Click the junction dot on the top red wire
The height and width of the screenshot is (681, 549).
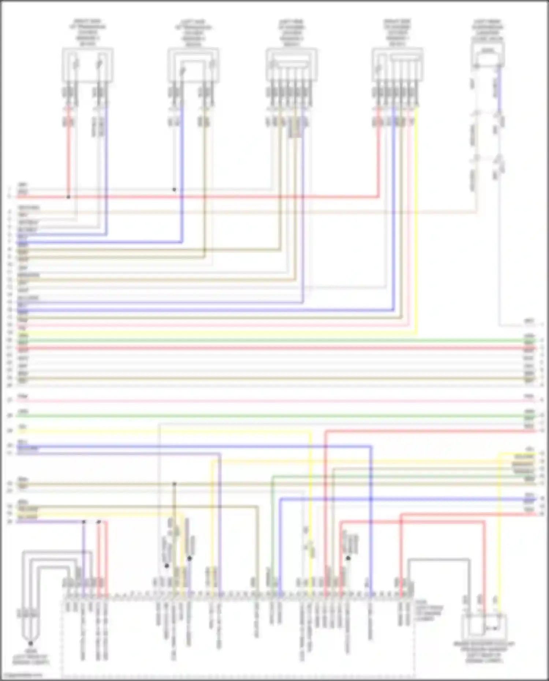point(68,197)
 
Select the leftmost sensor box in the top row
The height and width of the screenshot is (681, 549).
point(87,65)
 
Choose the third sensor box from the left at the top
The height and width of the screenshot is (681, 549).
point(291,65)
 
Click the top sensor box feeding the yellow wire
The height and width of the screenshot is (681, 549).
point(397,65)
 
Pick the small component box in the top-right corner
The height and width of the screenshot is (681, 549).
point(488,55)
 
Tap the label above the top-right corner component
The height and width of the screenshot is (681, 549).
point(488,30)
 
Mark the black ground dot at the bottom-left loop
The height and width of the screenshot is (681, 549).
point(31,643)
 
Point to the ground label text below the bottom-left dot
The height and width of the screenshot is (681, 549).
point(31,657)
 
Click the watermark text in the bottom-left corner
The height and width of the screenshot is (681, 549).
point(22,675)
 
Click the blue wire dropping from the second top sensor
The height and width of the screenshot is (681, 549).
point(182,176)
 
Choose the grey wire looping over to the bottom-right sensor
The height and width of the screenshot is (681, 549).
point(439,559)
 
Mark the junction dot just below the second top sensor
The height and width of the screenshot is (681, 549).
point(174,190)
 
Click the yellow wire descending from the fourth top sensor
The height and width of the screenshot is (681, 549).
point(416,220)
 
